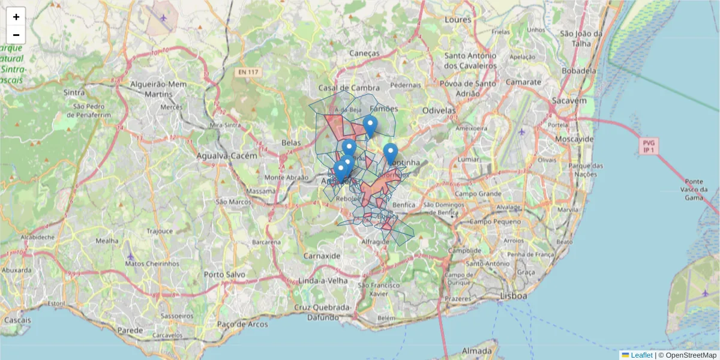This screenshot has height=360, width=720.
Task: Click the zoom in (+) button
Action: (16, 17)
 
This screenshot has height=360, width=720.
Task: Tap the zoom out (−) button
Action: (16, 35)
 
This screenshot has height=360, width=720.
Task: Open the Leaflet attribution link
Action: (641, 355)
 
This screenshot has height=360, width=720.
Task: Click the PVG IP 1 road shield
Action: (648, 146)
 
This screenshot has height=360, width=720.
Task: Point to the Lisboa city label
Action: (513, 296)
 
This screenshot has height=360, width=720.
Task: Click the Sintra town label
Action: (74, 92)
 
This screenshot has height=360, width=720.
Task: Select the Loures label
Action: (458, 20)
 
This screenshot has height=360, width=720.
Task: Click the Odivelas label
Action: (439, 110)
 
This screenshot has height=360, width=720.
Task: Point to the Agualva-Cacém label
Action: (227, 155)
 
